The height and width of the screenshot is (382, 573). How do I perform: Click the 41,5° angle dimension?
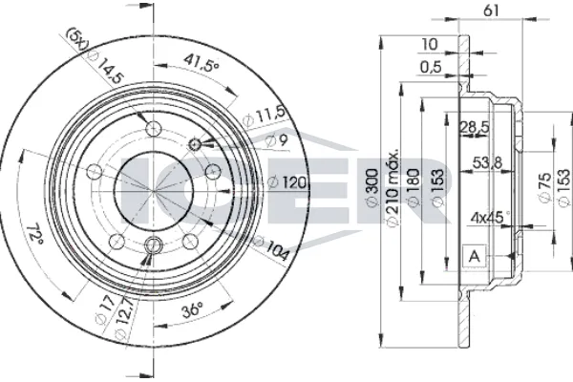click(201, 62)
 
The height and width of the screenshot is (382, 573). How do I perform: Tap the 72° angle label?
click(34, 233)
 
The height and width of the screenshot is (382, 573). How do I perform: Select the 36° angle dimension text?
click(192, 310)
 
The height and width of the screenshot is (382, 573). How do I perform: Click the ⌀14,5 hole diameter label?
click(107, 67)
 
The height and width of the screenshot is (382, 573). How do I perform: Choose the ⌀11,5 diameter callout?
click(264, 116)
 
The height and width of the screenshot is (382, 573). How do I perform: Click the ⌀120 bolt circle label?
click(286, 182)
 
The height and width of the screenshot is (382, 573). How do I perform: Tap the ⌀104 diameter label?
click(271, 248)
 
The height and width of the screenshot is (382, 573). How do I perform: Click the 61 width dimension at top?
click(491, 11)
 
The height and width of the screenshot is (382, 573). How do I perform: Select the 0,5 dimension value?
click(431, 67)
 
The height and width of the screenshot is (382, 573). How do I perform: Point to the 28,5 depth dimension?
click(474, 127)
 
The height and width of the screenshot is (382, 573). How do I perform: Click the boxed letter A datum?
click(475, 256)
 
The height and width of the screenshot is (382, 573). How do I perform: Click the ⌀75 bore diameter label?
click(544, 187)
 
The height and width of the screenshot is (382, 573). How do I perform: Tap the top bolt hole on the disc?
click(154, 128)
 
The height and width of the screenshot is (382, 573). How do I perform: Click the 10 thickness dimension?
click(430, 45)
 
